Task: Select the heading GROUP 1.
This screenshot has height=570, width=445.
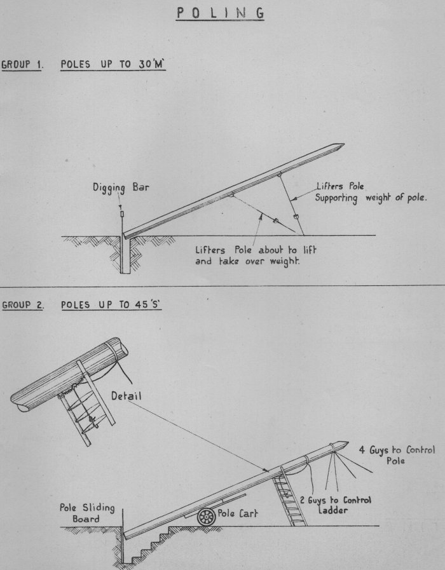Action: point(22,65)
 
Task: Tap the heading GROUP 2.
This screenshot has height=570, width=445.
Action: point(22,304)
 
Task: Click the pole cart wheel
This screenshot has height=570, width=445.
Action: point(206,517)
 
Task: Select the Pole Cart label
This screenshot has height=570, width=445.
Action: point(237,513)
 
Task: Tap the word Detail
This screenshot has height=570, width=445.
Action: point(126,395)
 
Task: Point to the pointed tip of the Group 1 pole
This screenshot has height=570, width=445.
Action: point(341,146)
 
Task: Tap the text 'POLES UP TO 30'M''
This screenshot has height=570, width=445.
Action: point(113,65)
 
